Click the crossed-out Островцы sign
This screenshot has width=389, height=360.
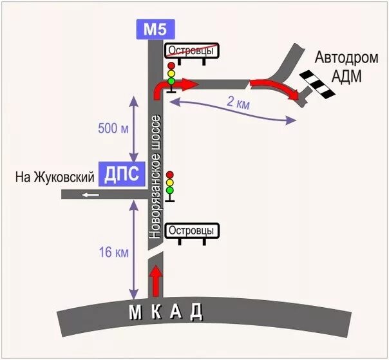tap(193, 51)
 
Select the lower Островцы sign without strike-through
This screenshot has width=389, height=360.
tap(193, 231)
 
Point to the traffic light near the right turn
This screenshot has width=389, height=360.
tap(171, 75)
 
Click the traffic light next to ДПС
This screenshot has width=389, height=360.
tap(170, 183)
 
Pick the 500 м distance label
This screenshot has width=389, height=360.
tap(114, 129)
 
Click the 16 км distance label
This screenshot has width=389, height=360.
tap(114, 252)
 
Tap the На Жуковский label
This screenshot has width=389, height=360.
tap(55, 176)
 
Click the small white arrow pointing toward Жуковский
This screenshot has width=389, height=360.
tap(90, 194)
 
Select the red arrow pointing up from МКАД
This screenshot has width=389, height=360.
tap(155, 281)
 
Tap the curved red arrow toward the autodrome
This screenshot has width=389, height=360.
tap(276, 88)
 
